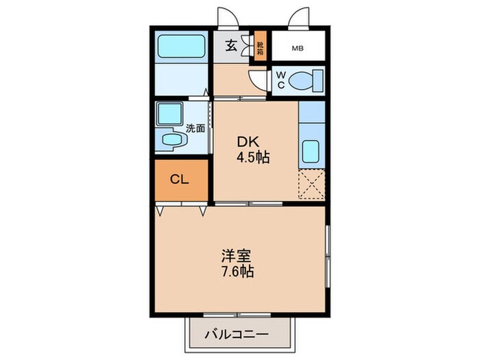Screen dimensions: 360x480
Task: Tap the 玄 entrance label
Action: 231,47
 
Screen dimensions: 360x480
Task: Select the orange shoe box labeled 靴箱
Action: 260,47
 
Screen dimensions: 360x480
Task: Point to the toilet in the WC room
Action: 304,81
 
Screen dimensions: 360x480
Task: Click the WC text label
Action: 280,80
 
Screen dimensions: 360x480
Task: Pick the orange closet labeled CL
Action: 180,180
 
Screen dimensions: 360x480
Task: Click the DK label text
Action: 247,143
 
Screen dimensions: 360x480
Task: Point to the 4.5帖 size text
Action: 253,157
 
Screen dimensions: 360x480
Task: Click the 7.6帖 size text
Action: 237,272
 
